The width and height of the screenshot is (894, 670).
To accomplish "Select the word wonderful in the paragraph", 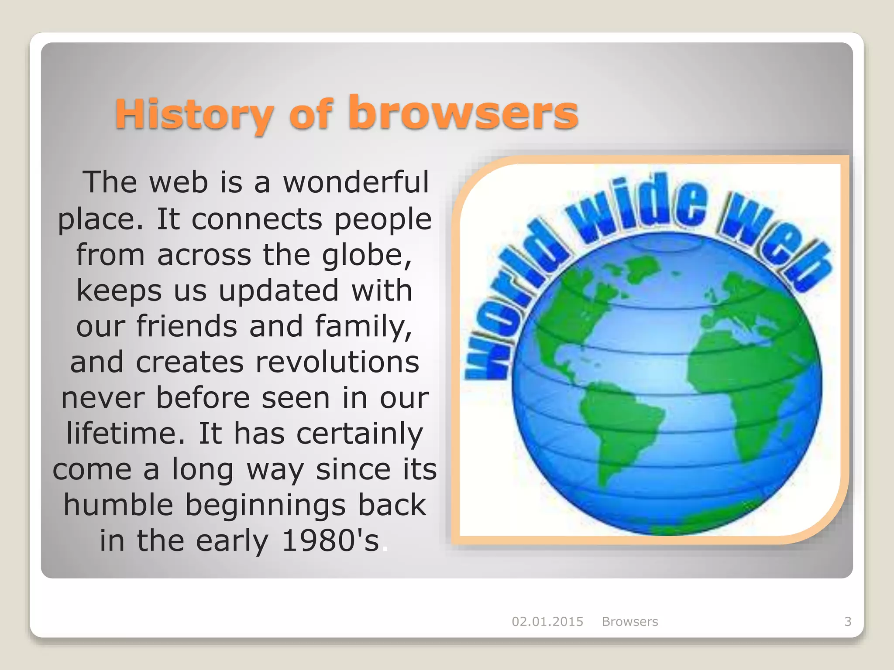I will pos(356,182).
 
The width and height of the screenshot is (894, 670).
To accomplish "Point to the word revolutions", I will pos(337,362).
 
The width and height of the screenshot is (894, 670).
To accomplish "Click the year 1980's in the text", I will pos(330,541).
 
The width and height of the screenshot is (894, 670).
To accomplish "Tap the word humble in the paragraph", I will pos(118,505).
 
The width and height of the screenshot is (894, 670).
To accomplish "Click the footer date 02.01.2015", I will pos(547,622).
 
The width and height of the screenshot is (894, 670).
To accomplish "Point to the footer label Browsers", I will pos(629,622).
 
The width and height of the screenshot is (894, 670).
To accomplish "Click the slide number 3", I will pos(848,622).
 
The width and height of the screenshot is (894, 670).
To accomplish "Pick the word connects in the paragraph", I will pos(257,219).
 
